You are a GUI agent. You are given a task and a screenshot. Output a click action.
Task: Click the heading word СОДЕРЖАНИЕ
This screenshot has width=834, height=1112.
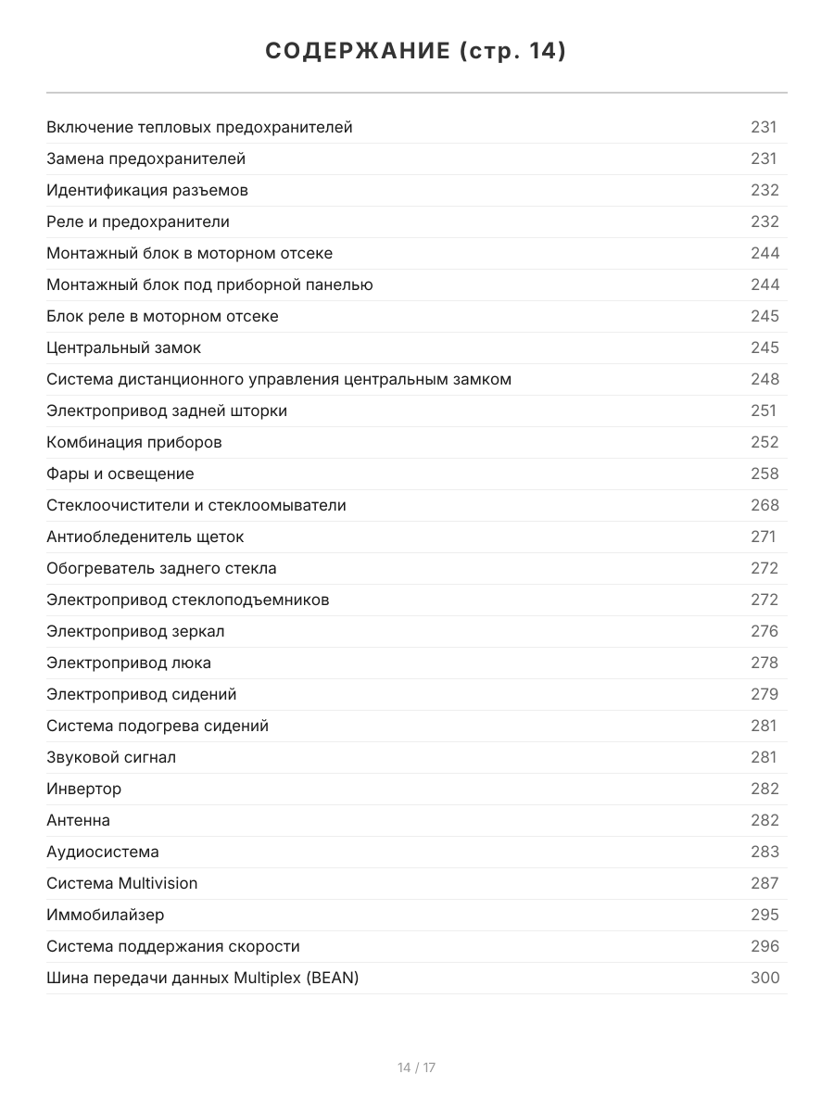[x=357, y=52]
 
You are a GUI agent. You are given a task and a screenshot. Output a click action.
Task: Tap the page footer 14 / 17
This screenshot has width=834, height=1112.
[x=416, y=1068]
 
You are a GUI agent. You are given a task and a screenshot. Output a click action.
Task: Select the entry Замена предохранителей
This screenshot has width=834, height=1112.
[x=145, y=158]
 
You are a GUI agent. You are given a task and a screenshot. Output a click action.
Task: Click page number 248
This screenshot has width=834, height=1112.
[x=764, y=379]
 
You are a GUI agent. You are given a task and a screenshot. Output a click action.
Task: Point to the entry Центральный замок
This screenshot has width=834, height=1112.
[x=123, y=347]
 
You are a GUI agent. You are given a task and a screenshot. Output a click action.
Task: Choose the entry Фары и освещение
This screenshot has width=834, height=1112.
[x=120, y=474]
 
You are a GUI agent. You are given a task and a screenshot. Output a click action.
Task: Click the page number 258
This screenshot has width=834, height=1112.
[x=764, y=474]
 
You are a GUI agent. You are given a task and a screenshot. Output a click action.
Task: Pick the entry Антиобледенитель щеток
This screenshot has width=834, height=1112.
[x=145, y=537]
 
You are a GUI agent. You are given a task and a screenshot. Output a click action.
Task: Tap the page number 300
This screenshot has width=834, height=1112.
[x=764, y=978]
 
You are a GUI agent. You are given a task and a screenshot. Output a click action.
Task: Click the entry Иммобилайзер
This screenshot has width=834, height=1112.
[x=105, y=915]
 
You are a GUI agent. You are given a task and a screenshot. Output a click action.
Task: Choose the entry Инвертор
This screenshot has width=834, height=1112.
[x=83, y=789]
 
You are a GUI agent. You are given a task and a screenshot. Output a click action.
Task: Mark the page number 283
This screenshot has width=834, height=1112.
[x=764, y=852]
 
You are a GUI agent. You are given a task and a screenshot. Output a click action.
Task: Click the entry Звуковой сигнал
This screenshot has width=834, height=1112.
[x=111, y=757]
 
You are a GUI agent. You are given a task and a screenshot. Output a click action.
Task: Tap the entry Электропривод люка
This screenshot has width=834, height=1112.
[x=129, y=663]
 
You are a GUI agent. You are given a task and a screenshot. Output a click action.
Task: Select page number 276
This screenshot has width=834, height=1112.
[x=764, y=631]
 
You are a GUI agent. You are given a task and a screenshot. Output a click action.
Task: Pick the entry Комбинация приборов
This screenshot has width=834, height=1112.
[x=133, y=442]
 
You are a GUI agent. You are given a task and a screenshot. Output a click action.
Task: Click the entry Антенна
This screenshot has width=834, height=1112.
[x=78, y=820]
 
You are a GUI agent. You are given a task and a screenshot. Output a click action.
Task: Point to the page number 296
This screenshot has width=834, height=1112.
[x=764, y=946]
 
